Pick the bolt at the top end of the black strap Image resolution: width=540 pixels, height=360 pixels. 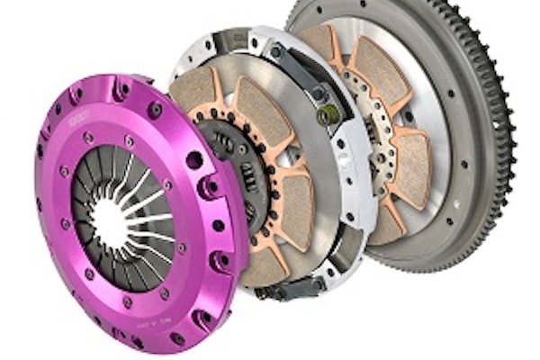tap(285, 55)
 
